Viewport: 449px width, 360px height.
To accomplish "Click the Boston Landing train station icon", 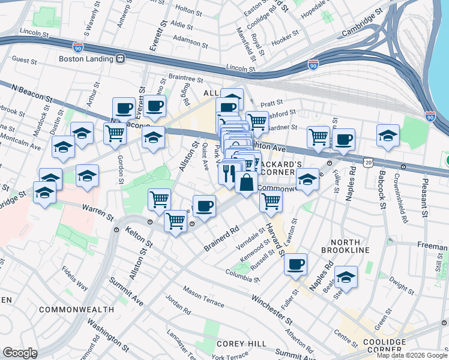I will tap(121, 59).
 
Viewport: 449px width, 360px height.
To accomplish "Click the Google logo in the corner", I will tap(19, 353).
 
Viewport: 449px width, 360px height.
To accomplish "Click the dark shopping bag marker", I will tap(246, 182).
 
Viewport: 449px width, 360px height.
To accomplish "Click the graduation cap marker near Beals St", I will tap(345, 277).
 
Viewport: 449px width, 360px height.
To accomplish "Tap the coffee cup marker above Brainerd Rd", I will tap(204, 206).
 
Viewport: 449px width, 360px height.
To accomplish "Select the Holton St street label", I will tap(186, 11).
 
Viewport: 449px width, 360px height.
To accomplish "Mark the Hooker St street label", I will tap(285, 41).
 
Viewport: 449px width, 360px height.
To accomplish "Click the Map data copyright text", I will tap(411, 356).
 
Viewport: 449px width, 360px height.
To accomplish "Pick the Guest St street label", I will tap(25, 60).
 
